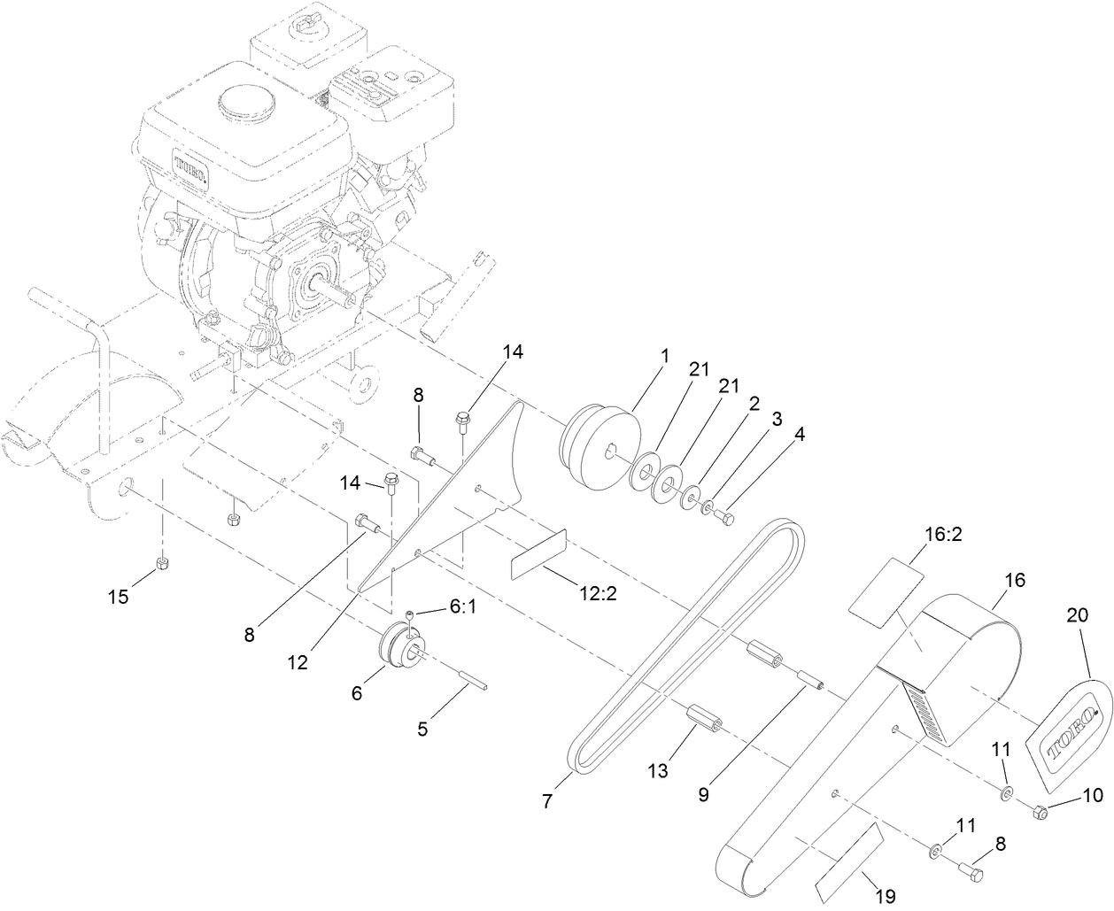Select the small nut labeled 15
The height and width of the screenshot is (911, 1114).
click(x=161, y=564)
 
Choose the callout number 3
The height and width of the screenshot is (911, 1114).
click(x=776, y=419)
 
